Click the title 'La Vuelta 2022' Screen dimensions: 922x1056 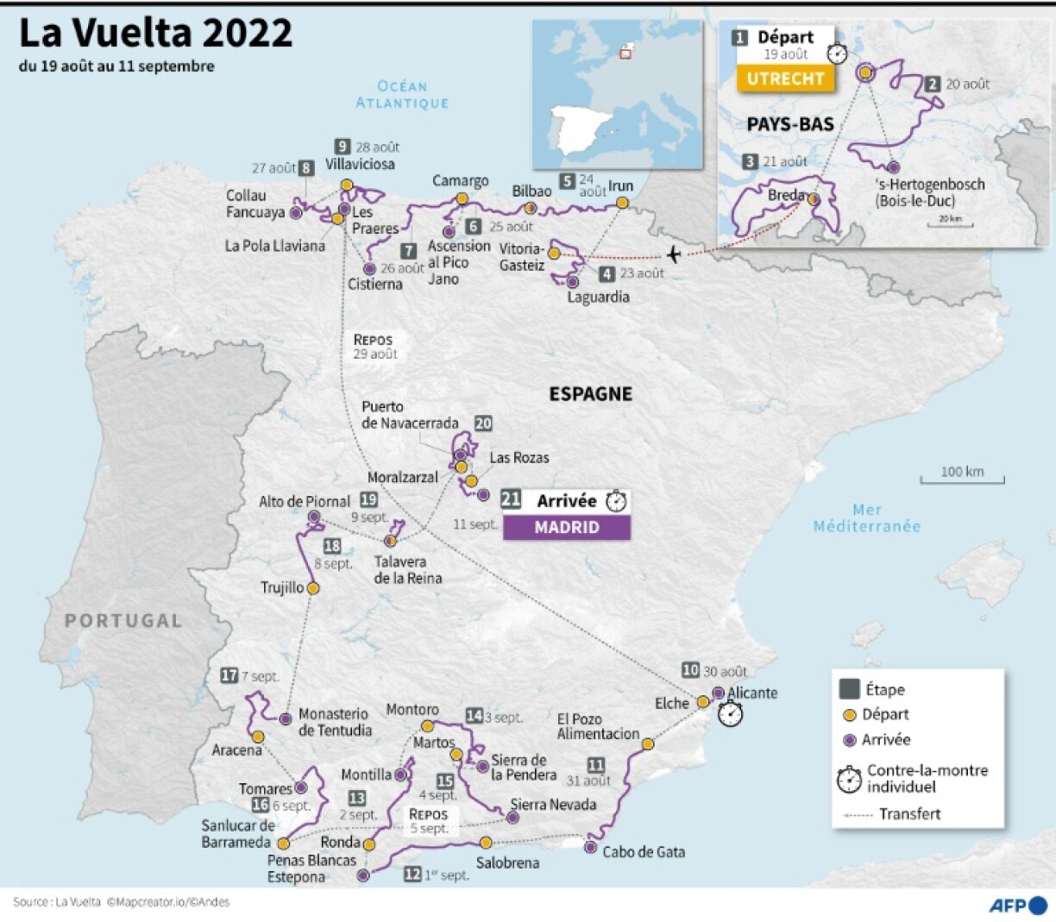(156, 34)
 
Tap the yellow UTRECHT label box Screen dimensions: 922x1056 (785, 78)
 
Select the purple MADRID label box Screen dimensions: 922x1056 (566, 527)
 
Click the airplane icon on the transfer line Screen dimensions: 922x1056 (674, 254)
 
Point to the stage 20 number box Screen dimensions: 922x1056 (483, 423)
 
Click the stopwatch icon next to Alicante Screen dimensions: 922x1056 (731, 714)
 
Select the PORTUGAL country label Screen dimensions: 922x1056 (123, 620)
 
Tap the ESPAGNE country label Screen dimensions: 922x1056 (591, 393)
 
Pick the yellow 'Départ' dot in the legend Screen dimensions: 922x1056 (849, 715)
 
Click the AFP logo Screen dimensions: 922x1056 (1017, 905)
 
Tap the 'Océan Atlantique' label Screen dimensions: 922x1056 (402, 94)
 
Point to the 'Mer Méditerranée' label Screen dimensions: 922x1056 (866, 517)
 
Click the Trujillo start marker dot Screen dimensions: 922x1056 (313, 587)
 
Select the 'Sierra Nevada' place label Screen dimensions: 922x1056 (553, 804)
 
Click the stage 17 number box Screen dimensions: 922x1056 (229, 675)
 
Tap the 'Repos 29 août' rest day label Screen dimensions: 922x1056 (374, 346)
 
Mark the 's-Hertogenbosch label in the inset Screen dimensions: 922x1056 (928, 191)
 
